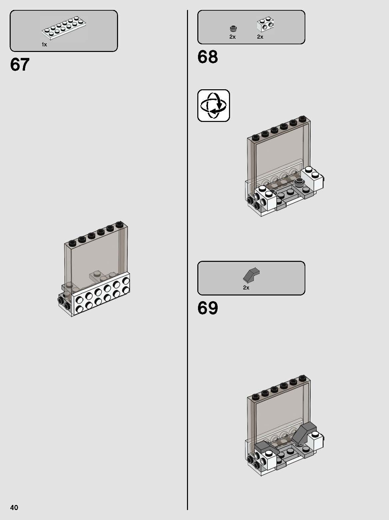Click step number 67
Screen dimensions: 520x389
point(20,65)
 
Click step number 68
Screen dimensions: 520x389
point(207,57)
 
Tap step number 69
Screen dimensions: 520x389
point(207,308)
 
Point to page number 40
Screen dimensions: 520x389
point(14,507)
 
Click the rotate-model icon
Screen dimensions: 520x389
point(214,105)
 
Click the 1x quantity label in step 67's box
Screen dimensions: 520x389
point(44,44)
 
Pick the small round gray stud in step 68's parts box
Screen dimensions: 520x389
point(233,29)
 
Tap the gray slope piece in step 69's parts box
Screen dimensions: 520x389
point(252,275)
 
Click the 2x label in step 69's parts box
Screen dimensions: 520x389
point(246,287)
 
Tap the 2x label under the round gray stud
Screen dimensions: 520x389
point(232,37)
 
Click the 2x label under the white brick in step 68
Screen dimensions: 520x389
point(260,37)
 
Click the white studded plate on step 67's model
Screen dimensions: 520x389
point(100,293)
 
